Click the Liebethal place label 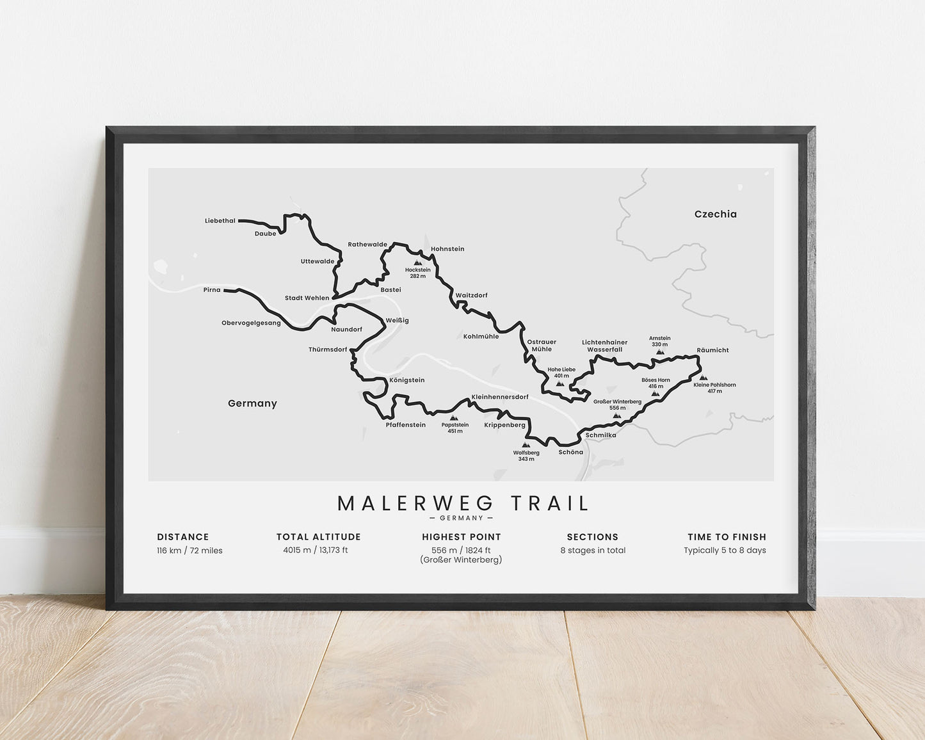click(x=220, y=221)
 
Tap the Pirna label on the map click(x=211, y=290)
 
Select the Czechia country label click(x=715, y=214)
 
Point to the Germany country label click(x=252, y=403)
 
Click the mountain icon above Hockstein click(x=417, y=262)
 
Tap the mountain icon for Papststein click(x=454, y=417)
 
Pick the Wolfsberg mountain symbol click(x=526, y=445)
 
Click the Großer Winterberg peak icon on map click(x=616, y=415)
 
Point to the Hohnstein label click(x=447, y=249)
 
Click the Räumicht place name click(x=712, y=350)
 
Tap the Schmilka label click(x=600, y=435)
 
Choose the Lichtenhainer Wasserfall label click(x=604, y=346)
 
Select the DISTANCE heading click(x=182, y=537)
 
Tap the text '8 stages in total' click(x=593, y=551)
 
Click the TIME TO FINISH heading click(x=727, y=537)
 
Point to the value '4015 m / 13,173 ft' click(x=316, y=551)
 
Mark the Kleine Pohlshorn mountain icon click(x=703, y=378)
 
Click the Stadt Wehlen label click(x=307, y=298)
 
